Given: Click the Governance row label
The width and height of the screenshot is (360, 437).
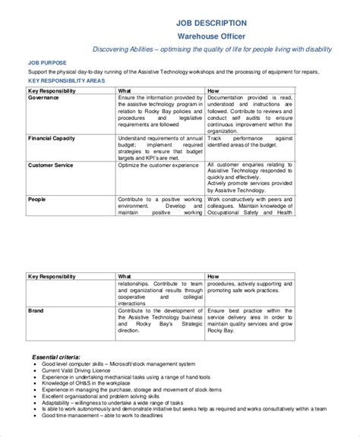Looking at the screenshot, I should [x=45, y=98].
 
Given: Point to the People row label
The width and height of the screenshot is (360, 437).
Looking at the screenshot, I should [x=37, y=198].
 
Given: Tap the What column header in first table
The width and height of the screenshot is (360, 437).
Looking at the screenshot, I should [x=125, y=90].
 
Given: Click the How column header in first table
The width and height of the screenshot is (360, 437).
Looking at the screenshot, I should [x=213, y=90].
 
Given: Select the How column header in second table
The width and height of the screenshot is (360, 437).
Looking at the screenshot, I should [x=213, y=277].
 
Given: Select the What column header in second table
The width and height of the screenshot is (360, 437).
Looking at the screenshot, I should [x=125, y=277].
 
